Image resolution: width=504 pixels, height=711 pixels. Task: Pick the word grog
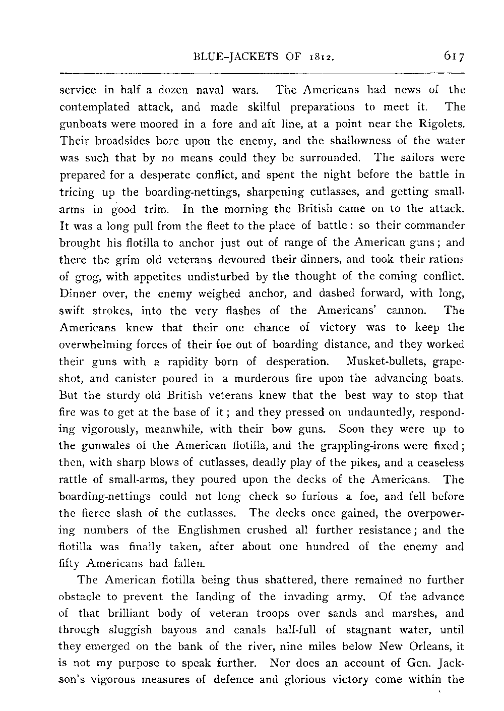point(87,277)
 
